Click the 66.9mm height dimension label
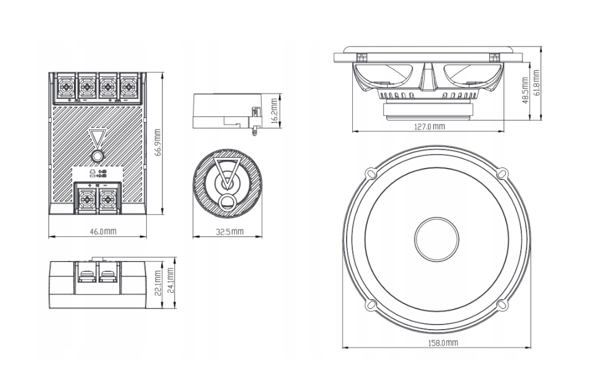click(x=158, y=143)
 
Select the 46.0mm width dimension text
click(x=103, y=232)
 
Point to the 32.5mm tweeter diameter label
click(x=228, y=232)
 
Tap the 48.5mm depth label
click(x=525, y=89)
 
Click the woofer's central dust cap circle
click(x=437, y=237)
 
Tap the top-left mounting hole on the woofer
click(x=371, y=172)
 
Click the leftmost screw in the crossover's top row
click(x=66, y=87)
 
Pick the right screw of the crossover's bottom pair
click(x=107, y=200)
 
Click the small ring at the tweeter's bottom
click(x=227, y=201)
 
